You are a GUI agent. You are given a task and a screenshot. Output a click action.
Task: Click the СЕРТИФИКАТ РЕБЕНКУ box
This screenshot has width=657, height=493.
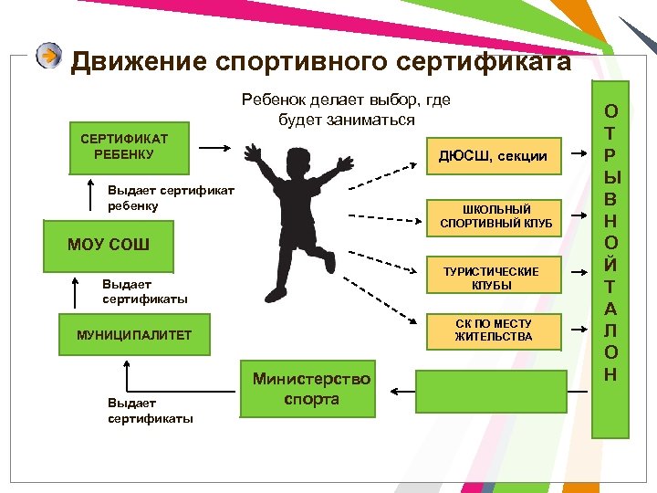coord(123,147)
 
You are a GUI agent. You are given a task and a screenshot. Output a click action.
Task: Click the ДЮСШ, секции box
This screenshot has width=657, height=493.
coord(493,156)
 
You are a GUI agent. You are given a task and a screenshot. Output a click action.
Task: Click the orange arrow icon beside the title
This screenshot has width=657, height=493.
coord(49,57)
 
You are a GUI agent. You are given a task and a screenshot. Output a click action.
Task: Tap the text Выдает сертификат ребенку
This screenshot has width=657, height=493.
coord(171,198)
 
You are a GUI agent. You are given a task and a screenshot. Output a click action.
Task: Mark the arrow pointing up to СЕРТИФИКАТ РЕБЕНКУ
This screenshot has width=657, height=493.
coord(90,195)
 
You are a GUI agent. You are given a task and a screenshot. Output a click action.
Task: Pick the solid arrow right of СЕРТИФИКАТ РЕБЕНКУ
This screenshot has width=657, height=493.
coord(216,147)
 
